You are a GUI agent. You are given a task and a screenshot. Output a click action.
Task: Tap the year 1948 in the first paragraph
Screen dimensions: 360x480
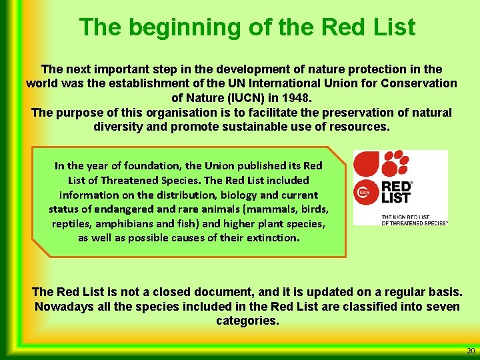coord(297,97)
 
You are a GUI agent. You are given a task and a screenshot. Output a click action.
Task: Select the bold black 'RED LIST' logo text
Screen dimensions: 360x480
coord(396,191)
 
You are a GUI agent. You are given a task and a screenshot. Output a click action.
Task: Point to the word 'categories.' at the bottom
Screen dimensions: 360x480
coord(247,321)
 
